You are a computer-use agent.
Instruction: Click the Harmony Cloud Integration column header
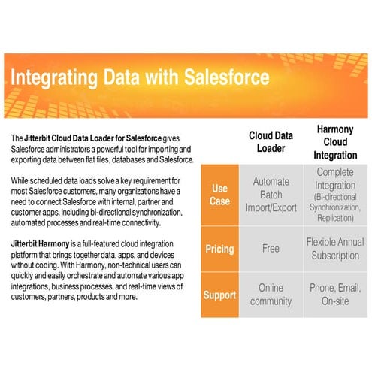pos(335,142)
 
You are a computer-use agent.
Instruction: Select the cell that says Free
pos(271,249)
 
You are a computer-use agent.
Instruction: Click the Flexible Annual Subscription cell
pos(335,249)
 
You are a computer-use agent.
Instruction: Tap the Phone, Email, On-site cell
pos(335,295)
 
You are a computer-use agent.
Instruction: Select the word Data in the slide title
pos(122,77)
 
